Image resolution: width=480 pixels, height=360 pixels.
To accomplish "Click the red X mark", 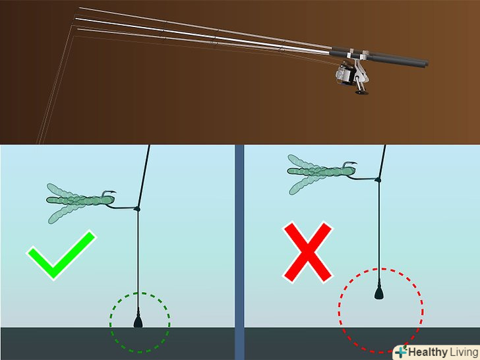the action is (307, 253).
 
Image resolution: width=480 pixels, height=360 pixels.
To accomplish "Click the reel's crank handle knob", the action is (362, 92).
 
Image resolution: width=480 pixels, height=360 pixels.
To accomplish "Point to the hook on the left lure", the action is (109, 194).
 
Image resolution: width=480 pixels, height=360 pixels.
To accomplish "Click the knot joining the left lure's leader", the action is (137, 209).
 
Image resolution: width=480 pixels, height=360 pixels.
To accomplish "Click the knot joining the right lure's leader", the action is (378, 180).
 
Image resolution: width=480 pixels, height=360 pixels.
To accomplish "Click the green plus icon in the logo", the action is (401, 351).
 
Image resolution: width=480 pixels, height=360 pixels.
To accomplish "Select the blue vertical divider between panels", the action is (239, 252).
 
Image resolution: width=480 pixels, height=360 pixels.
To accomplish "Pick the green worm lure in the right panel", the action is (322, 173).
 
